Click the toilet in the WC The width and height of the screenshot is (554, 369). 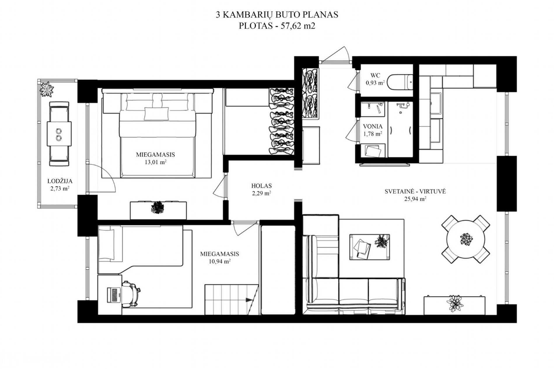click(x=401, y=82)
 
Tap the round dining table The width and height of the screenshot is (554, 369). click(x=466, y=239)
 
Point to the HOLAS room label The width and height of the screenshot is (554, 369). click(x=261, y=186)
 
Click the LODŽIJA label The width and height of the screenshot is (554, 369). click(x=60, y=181)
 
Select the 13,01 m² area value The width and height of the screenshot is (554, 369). click(x=155, y=162)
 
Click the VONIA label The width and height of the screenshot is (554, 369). click(x=373, y=126)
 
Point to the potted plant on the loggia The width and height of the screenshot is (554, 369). click(x=47, y=89)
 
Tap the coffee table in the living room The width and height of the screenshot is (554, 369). click(x=369, y=246)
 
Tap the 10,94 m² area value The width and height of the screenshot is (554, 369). click(x=220, y=261)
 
